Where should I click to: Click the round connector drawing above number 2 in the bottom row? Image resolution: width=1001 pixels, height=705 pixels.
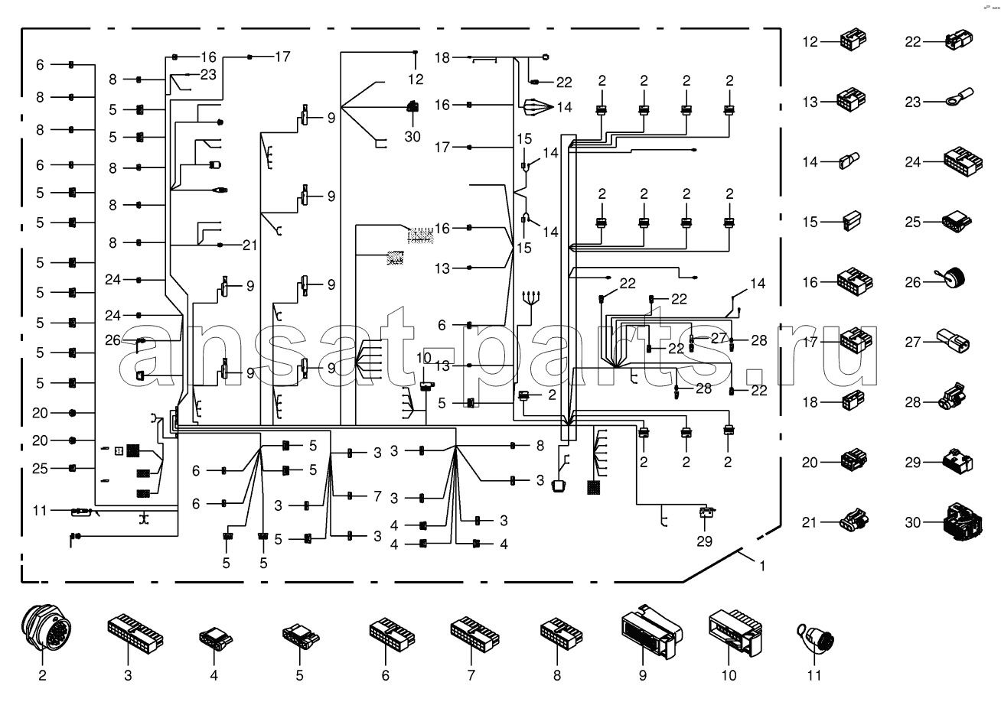pyautogui.click(x=42, y=631)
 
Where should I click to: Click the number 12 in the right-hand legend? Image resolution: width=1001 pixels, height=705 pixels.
pyautogui.click(x=810, y=41)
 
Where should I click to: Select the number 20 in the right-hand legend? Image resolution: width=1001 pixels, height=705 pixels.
pyautogui.click(x=810, y=461)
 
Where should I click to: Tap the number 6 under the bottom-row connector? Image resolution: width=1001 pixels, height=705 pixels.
pyautogui.click(x=385, y=675)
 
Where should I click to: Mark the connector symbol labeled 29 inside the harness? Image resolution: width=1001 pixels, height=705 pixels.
pyautogui.click(x=706, y=512)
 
